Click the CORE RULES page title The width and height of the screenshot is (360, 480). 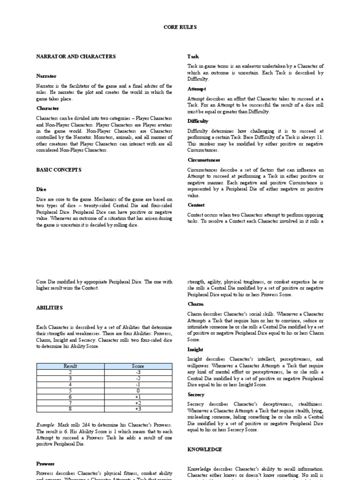[180, 28]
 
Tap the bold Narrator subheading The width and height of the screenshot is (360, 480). [46, 75]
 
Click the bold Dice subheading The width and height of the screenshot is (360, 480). [41, 189]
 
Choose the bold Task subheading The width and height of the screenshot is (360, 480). [193, 56]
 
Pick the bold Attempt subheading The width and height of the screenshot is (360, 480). [196, 89]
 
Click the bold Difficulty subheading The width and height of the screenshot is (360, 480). [198, 121]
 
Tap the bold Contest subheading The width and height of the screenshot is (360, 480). [196, 205]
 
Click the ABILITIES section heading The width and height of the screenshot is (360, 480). [49, 307]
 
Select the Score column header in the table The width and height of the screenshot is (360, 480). [138, 366]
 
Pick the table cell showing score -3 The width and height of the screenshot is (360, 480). [138, 372]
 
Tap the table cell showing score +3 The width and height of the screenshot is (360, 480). [138, 409]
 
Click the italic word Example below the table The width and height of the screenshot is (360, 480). [45, 424]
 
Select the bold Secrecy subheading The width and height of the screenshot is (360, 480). [195, 395]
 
